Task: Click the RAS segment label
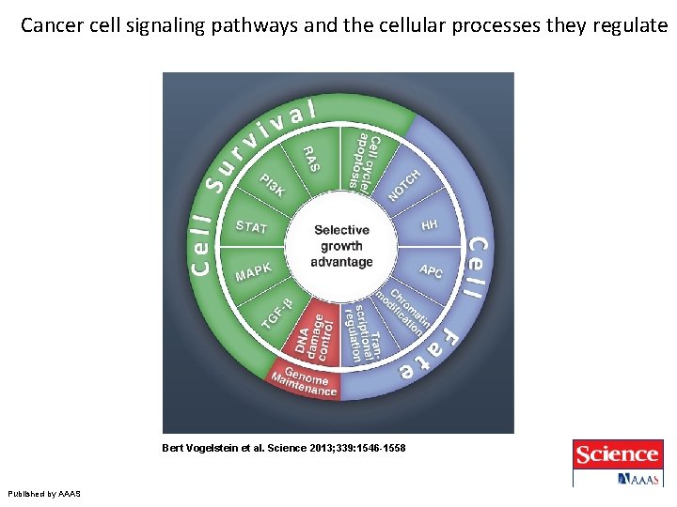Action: pyautogui.click(x=310, y=159)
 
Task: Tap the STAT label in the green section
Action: pyautogui.click(x=251, y=227)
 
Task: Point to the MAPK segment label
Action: pyautogui.click(x=253, y=272)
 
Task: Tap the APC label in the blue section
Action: pyautogui.click(x=431, y=271)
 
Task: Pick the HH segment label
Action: pyautogui.click(x=430, y=225)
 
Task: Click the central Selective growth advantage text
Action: pyautogui.click(x=341, y=246)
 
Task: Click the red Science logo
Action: pyautogui.click(x=616, y=454)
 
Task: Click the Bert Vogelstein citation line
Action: pyautogui.click(x=283, y=449)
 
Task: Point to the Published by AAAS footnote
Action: pyautogui.click(x=44, y=493)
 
